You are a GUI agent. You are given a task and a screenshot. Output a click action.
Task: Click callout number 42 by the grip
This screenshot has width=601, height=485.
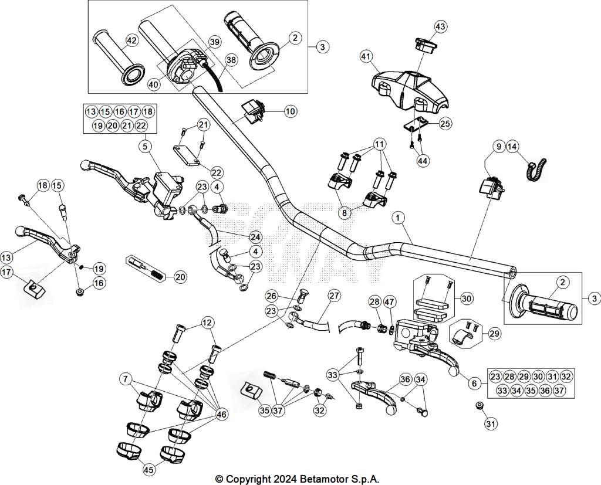(x=131, y=41)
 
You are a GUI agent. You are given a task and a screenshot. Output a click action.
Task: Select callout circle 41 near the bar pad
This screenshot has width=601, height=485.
(x=366, y=56)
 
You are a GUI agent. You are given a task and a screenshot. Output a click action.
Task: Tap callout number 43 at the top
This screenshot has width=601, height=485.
(x=441, y=26)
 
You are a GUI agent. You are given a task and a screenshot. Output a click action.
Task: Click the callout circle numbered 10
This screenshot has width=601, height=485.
(x=291, y=110)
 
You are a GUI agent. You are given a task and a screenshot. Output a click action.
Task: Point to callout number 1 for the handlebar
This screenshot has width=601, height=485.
(x=399, y=218)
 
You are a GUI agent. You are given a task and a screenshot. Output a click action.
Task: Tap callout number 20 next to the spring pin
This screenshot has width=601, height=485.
(x=181, y=277)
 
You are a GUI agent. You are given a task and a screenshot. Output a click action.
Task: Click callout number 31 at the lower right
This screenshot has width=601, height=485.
(x=490, y=423)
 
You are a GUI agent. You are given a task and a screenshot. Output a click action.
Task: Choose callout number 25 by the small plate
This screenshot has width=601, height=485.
(x=445, y=123)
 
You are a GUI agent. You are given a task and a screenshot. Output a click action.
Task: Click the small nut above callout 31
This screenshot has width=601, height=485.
(x=479, y=405)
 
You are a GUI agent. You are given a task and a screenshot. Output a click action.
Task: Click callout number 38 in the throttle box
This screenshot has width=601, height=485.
(x=231, y=60)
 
